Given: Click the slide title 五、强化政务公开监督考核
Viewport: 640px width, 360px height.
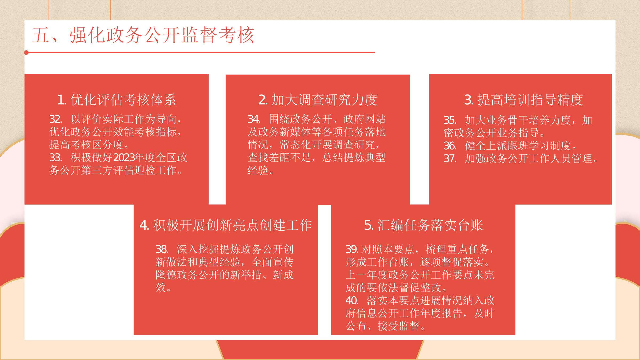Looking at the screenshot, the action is pos(143,35).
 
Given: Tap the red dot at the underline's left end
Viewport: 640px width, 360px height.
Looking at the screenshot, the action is pos(26,53).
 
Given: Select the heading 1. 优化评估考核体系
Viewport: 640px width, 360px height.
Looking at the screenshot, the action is pos(117,100).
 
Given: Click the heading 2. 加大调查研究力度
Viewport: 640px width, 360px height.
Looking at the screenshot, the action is pos(318,100).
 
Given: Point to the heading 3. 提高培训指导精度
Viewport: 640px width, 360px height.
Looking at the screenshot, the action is pos(523,100).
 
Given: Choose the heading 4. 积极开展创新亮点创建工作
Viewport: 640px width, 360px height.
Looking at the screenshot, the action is pos(226,225).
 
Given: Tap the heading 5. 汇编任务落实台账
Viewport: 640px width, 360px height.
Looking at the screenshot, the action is pos(424,225).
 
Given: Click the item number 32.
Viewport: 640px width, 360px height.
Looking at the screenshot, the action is pos(55,119).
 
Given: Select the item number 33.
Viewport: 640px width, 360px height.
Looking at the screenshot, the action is pos(55,158).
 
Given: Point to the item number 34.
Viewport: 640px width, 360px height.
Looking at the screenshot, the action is pos(254,119).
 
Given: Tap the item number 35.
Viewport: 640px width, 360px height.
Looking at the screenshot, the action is pos(450,120).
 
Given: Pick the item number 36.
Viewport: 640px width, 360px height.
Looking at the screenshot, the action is pos(450,146).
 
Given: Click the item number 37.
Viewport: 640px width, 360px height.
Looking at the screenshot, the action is pos(450,158).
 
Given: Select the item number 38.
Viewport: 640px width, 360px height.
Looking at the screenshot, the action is pos(162,249).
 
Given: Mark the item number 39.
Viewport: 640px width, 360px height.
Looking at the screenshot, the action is pos(352,249).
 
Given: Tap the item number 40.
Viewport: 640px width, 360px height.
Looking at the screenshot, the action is pos(352,301).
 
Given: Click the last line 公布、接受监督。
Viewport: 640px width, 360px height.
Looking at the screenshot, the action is pos(386,326).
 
